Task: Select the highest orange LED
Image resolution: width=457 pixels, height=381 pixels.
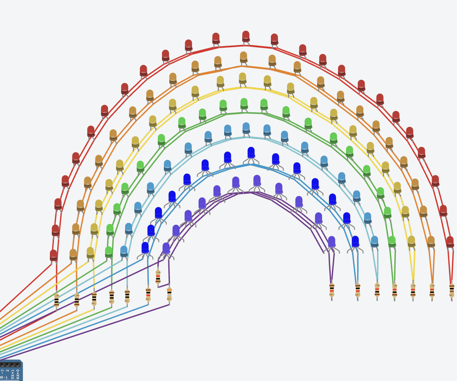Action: point(243,57)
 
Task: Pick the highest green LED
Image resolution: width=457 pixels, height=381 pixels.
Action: point(244,103)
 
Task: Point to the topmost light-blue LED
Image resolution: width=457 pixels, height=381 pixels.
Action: point(246,128)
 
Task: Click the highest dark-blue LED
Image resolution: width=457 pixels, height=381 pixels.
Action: point(251,152)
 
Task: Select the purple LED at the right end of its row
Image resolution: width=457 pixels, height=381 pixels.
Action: point(331,242)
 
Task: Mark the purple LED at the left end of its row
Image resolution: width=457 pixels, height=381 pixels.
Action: point(166,248)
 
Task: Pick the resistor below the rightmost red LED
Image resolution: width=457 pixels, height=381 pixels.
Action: point(451,290)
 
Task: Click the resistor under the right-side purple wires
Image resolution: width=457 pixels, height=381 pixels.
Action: point(332,290)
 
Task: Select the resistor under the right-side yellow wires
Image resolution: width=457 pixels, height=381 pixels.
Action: point(413,290)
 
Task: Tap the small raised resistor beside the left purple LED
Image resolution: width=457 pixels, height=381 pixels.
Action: point(158,277)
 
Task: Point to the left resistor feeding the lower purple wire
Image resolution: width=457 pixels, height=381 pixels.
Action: point(169,295)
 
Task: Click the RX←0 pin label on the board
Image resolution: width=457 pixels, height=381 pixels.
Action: point(18,374)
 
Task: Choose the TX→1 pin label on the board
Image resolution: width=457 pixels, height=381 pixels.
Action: point(13,374)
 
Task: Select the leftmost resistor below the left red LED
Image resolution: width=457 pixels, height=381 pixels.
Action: point(56,300)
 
